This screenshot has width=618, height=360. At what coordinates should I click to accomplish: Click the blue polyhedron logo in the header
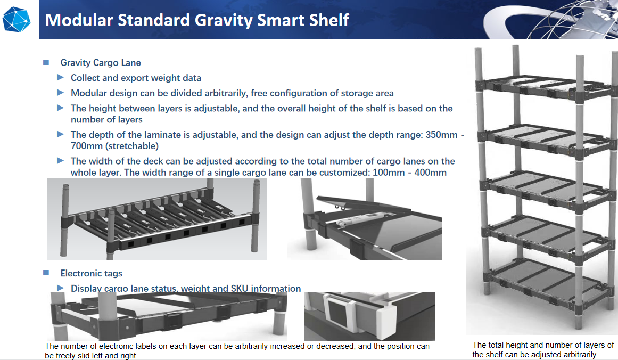coord(17,19)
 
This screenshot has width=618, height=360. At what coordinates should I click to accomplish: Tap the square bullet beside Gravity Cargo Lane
coord(46,62)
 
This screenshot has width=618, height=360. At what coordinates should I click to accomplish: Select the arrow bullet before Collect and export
coord(61,78)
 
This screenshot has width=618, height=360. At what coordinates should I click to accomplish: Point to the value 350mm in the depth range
coord(441,135)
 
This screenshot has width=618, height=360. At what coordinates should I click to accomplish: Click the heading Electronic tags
coord(91,273)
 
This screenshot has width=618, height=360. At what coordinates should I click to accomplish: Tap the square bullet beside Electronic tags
coord(46,273)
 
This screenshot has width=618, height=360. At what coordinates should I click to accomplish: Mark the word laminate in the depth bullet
coord(144,135)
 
